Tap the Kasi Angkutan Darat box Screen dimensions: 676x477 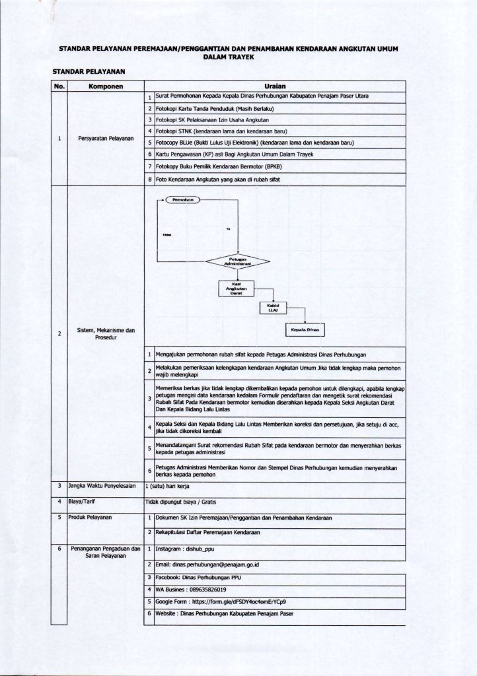236,288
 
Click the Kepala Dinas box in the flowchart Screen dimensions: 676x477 305,329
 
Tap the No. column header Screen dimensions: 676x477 59,86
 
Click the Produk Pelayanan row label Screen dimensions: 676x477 91,516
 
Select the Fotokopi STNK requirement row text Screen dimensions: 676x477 209,131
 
